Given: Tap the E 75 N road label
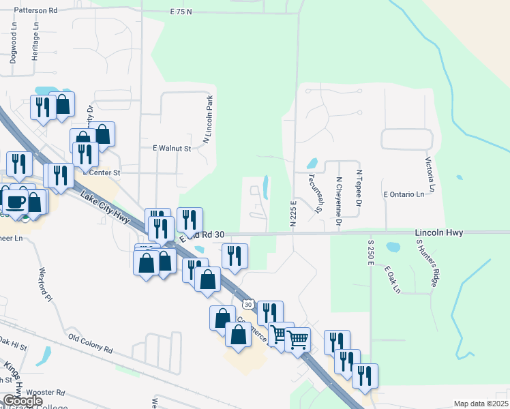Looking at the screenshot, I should tap(181, 12).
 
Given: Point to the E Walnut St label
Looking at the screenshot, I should tap(171, 148).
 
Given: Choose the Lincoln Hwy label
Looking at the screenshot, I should tap(439, 233).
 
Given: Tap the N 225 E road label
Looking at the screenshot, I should tap(293, 213).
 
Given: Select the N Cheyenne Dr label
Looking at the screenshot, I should tap(337, 202).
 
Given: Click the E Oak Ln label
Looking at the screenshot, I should tap(392, 279).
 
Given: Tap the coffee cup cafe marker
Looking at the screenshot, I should tap(14, 201).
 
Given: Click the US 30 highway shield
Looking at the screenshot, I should tap(247, 304).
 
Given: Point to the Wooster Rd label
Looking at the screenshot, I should tap(46, 393).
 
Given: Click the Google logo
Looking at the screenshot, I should tap(22, 401).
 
